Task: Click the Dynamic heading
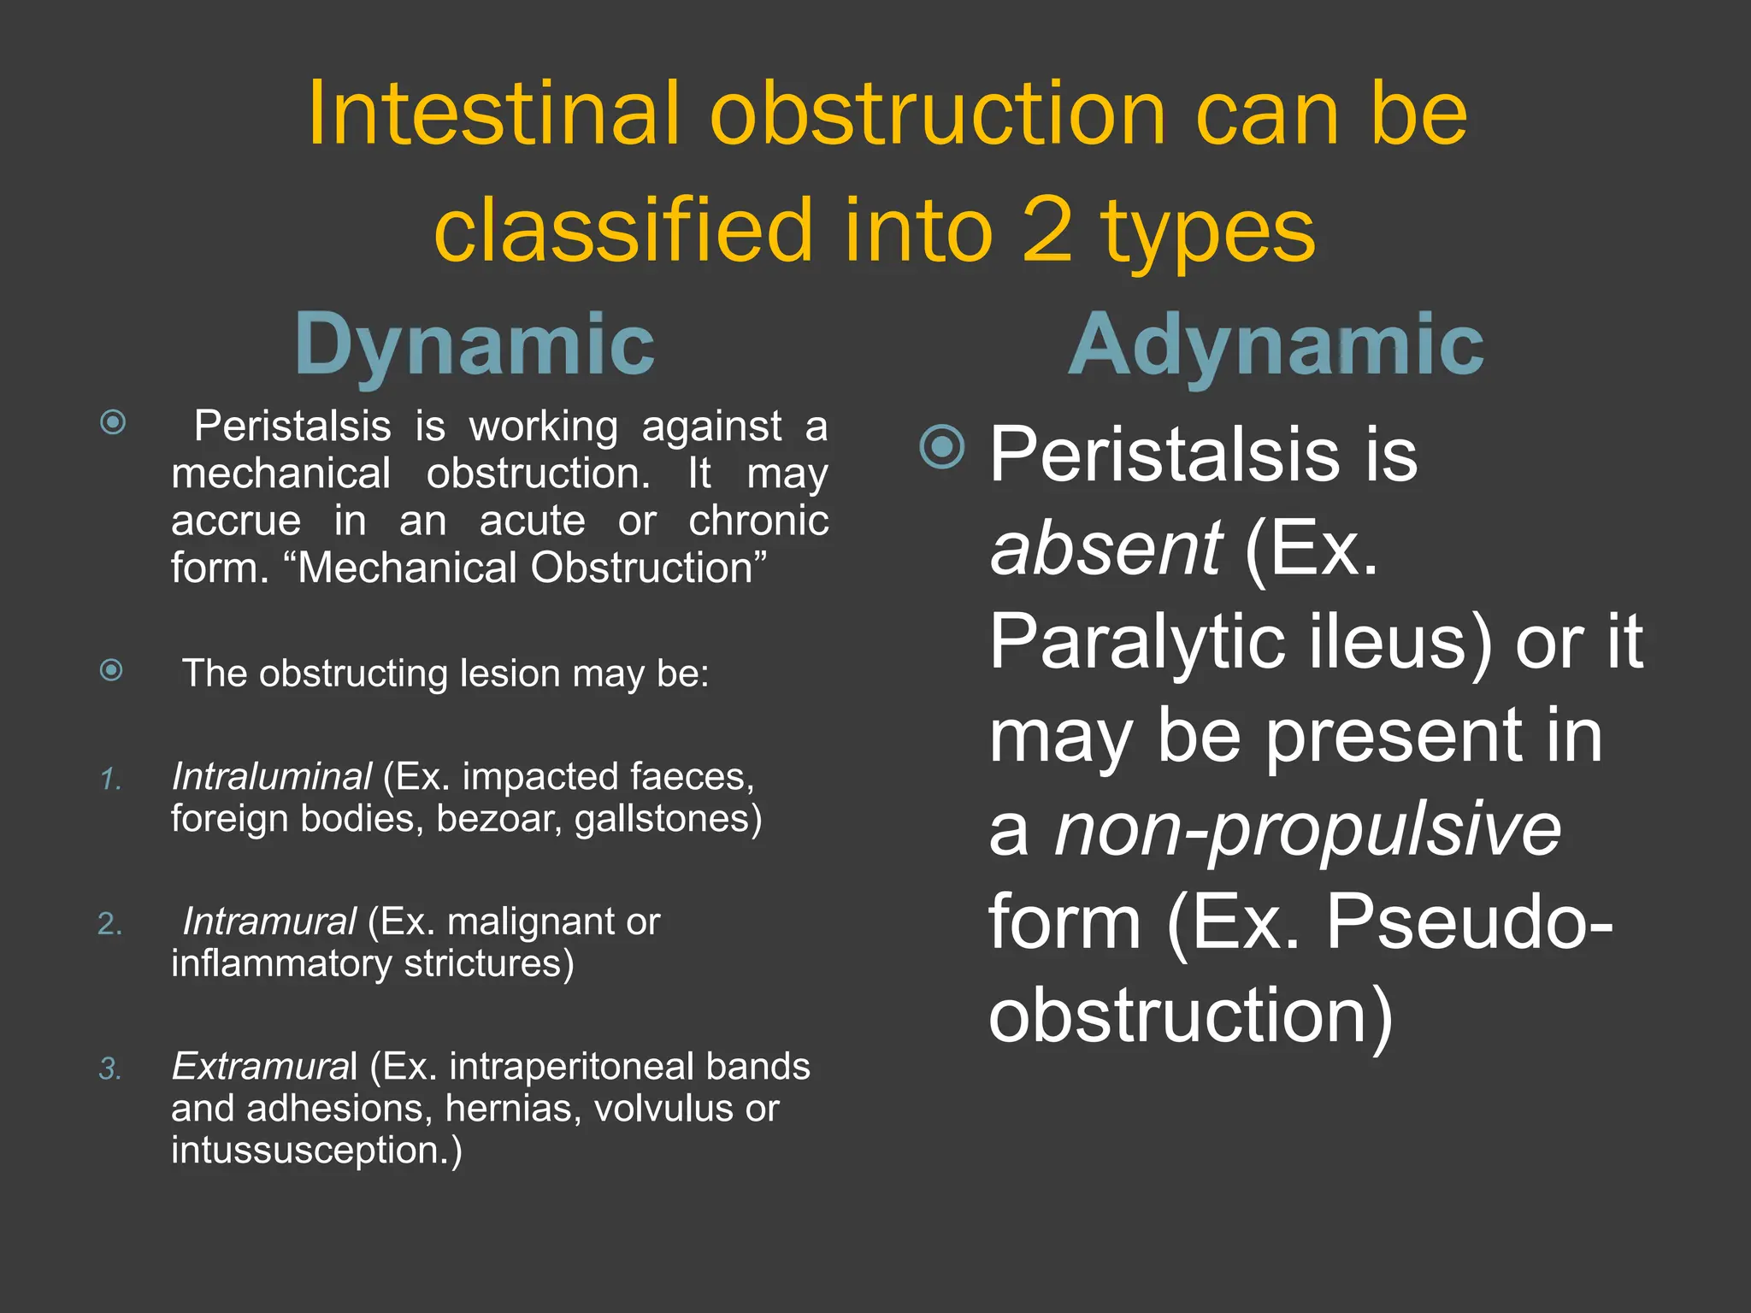click(x=475, y=344)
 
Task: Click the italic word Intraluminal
click(x=271, y=776)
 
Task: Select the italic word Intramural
click(x=269, y=921)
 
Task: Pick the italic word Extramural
click(x=264, y=1066)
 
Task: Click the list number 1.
click(x=110, y=779)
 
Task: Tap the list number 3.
click(x=110, y=1069)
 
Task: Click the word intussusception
click(x=315, y=1150)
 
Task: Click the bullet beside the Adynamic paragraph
click(x=941, y=446)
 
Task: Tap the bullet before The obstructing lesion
click(x=111, y=670)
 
